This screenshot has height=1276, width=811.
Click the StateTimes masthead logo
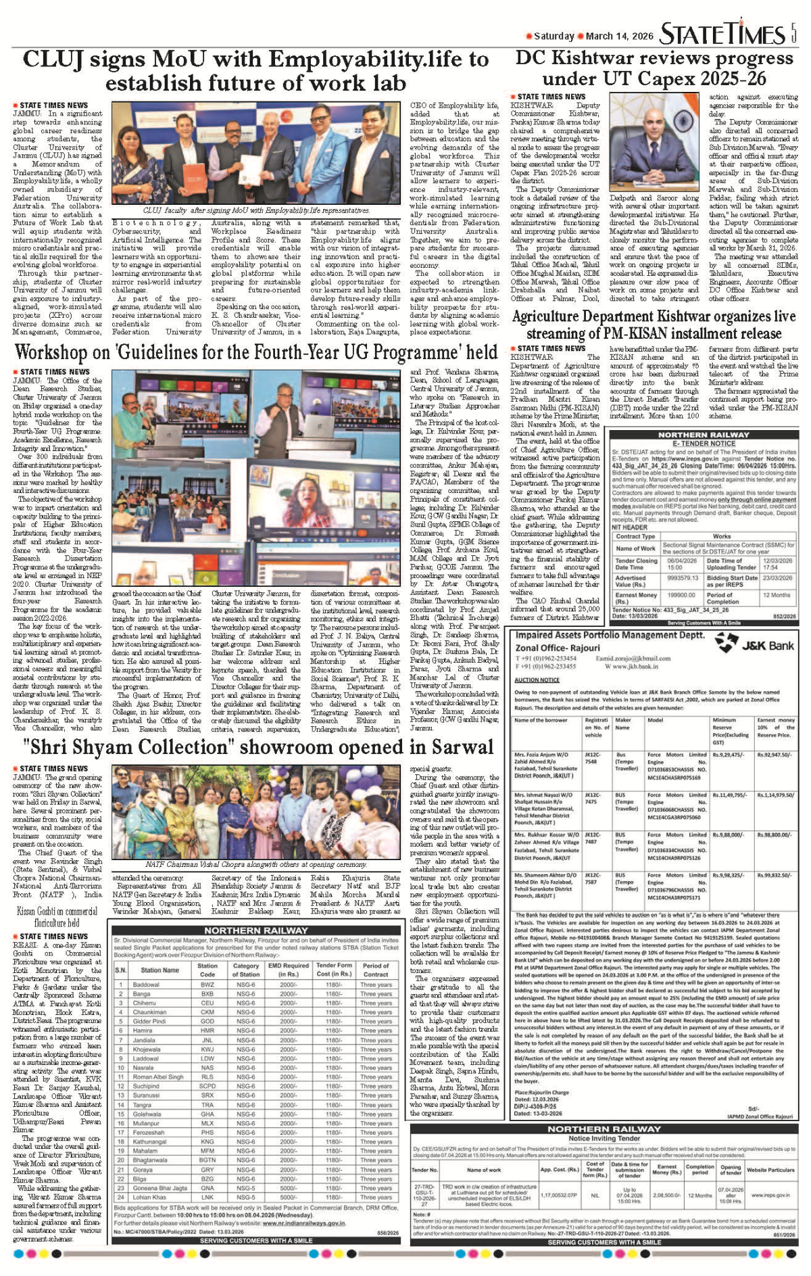(722, 34)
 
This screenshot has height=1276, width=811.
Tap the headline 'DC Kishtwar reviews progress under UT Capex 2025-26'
(654, 68)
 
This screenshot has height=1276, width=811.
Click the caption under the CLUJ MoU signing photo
(256, 211)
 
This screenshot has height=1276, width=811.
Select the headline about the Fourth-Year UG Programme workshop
(255, 352)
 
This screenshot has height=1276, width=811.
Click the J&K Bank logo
(755, 645)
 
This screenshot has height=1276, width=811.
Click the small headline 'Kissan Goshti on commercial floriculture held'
(57, 916)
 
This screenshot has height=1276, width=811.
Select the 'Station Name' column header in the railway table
(159, 970)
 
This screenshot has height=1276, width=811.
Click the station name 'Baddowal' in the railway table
(146, 985)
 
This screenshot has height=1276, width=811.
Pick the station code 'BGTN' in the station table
(207, 1160)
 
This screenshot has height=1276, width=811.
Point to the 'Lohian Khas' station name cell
(149, 1197)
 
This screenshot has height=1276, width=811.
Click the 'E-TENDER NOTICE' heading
(704, 444)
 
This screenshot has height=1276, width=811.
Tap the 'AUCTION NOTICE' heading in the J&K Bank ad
(537, 680)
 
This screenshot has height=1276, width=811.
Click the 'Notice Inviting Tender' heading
(604, 1139)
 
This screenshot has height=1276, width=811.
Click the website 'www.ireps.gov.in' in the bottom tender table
(772, 1195)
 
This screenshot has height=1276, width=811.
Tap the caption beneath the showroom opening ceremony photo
(256, 864)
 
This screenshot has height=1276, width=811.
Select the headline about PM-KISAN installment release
(654, 325)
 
